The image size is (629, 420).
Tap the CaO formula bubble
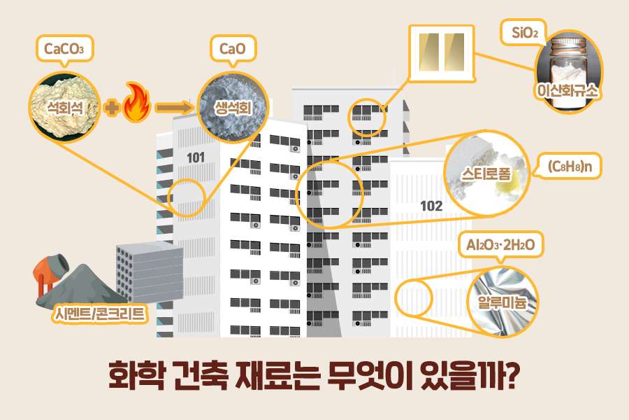(x=233, y=49)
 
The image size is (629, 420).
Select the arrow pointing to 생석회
(x=173, y=107)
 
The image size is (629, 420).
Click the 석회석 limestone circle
(x=64, y=105)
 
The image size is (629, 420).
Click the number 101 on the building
(x=196, y=157)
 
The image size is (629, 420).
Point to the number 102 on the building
(x=431, y=206)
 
